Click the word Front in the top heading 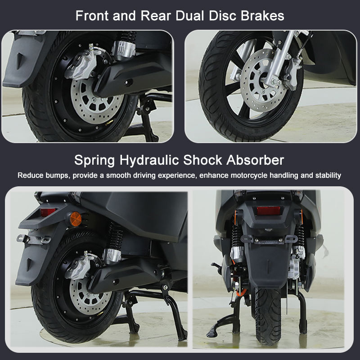pyautogui.click(x=91, y=16)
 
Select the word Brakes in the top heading pyautogui.click(x=263, y=16)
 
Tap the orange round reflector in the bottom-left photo pyautogui.click(x=72, y=220)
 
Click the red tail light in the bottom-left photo pyautogui.click(x=48, y=211)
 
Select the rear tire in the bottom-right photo pyautogui.click(x=270, y=315)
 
